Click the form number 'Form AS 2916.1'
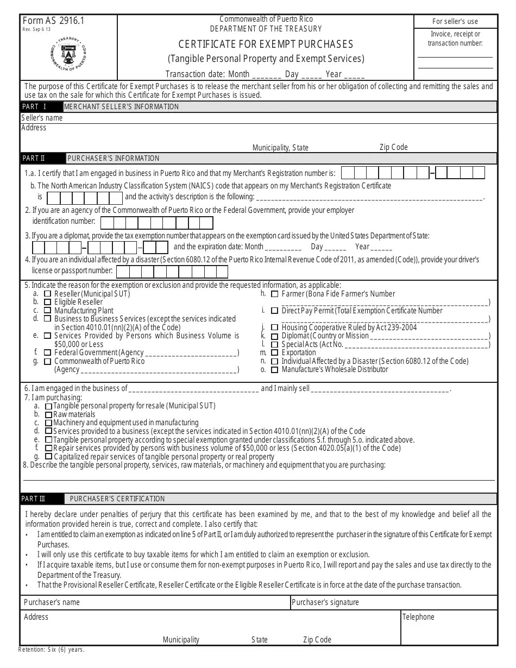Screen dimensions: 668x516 (53, 21)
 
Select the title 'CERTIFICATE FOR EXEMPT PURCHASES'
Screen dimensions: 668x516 (266, 44)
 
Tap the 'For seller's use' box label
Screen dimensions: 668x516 (455, 21)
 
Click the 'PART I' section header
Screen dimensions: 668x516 (34, 106)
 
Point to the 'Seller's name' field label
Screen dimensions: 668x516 (42, 117)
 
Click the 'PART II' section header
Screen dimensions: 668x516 (34, 158)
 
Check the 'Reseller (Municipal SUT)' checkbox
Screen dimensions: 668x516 (47, 294)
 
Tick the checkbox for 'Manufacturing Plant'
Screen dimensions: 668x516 (47, 311)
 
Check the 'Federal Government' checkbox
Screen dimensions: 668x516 (47, 353)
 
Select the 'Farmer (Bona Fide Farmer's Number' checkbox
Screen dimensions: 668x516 (275, 294)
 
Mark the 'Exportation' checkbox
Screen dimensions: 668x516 (275, 352)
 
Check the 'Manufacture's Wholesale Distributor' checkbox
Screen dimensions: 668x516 (275, 369)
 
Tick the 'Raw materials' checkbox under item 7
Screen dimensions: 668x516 (49, 414)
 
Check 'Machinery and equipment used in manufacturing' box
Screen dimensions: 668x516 (49, 423)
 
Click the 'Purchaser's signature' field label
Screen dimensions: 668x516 (325, 602)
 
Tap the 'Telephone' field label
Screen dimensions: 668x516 (418, 617)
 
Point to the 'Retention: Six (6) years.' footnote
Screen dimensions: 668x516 (52, 649)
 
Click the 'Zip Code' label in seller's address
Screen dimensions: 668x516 (393, 147)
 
